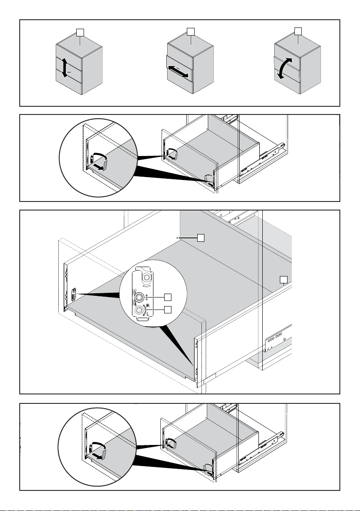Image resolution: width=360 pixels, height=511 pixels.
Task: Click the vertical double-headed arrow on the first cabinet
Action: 65,68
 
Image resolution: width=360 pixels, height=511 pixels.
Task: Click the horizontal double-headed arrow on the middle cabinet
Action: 178,72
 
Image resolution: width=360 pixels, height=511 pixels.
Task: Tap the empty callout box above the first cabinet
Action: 80,32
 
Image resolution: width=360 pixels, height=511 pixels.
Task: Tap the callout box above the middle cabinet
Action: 191,32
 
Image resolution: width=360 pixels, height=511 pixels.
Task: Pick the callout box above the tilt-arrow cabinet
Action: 298,31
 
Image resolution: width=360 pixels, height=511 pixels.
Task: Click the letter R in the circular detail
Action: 148,306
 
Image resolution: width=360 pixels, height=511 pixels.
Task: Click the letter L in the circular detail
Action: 148,314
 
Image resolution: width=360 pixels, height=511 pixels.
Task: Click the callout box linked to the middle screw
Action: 168,297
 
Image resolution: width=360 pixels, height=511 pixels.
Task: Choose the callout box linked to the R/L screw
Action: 168,310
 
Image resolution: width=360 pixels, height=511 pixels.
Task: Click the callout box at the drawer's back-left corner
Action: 201,238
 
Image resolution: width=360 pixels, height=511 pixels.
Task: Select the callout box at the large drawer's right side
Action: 284,279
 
